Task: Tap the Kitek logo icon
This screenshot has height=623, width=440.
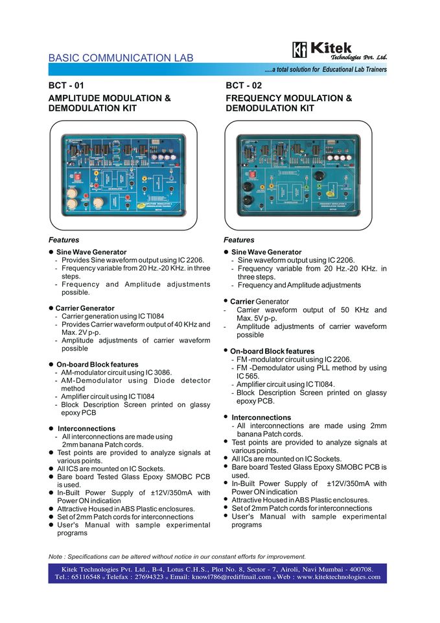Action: pyautogui.click(x=299, y=50)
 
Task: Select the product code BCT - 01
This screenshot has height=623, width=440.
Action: pyautogui.click(x=66, y=85)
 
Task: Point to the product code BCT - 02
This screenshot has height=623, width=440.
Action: pyautogui.click(x=243, y=85)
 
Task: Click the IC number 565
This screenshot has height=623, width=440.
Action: pyautogui.click(x=242, y=376)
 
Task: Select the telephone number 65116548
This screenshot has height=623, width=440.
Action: pyautogui.click(x=86, y=576)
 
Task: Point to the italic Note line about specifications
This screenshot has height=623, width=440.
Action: pyautogui.click(x=177, y=556)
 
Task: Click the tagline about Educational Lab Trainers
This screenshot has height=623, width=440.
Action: pyautogui.click(x=325, y=69)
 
